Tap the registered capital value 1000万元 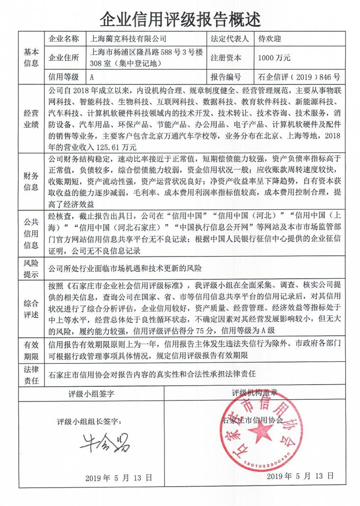click(274, 58)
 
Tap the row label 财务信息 click(31, 180)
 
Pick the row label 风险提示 click(31, 268)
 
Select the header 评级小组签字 click(91, 394)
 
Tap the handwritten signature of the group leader click(105, 443)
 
